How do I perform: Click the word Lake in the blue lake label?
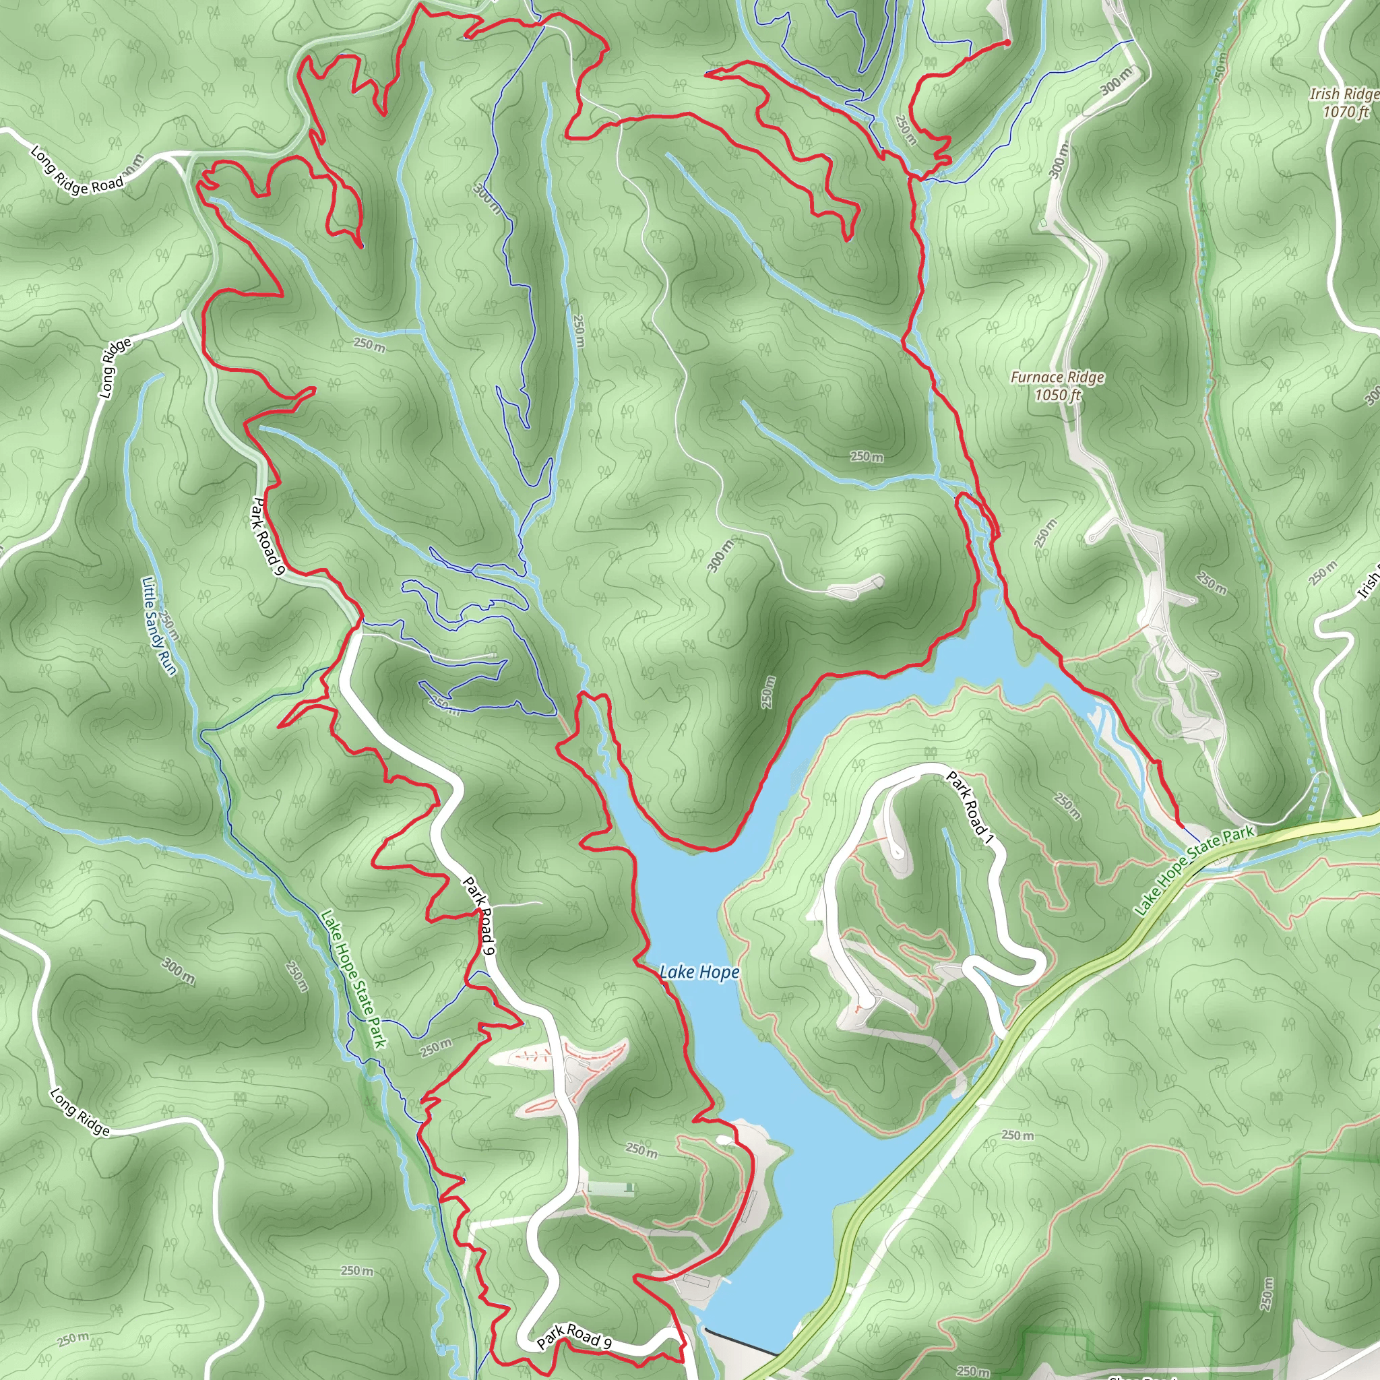click(676, 972)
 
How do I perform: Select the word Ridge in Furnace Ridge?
click(1084, 377)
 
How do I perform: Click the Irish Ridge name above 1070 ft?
click(1344, 94)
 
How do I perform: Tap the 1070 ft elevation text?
click(1345, 111)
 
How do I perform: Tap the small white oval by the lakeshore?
click(724, 1139)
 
